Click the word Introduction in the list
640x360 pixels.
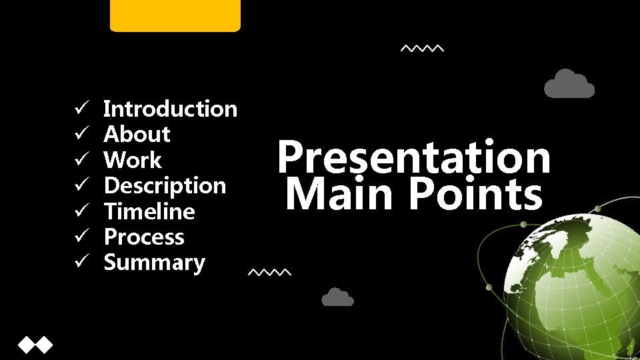click(171, 109)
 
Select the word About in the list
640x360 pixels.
click(137, 135)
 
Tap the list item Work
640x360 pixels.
click(133, 160)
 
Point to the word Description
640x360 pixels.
click(165, 186)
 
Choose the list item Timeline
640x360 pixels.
click(150, 212)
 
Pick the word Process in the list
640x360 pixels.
click(145, 237)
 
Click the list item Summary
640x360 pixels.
click(155, 263)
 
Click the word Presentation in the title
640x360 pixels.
click(414, 157)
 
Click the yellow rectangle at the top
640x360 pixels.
click(175, 15)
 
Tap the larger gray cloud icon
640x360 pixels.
click(569, 85)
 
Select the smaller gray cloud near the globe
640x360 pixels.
click(337, 297)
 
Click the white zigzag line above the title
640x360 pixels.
click(421, 49)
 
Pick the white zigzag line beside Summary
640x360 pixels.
click(269, 273)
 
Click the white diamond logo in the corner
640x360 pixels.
click(35, 345)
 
